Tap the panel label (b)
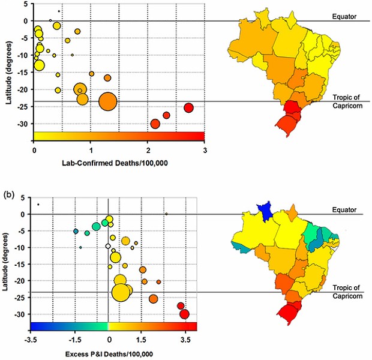click(x=10, y=194)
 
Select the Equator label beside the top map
click(x=345, y=16)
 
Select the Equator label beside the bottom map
click(x=345, y=210)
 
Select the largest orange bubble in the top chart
click(x=107, y=101)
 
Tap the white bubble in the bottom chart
click(x=108, y=246)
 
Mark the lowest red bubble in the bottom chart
click(x=184, y=314)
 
